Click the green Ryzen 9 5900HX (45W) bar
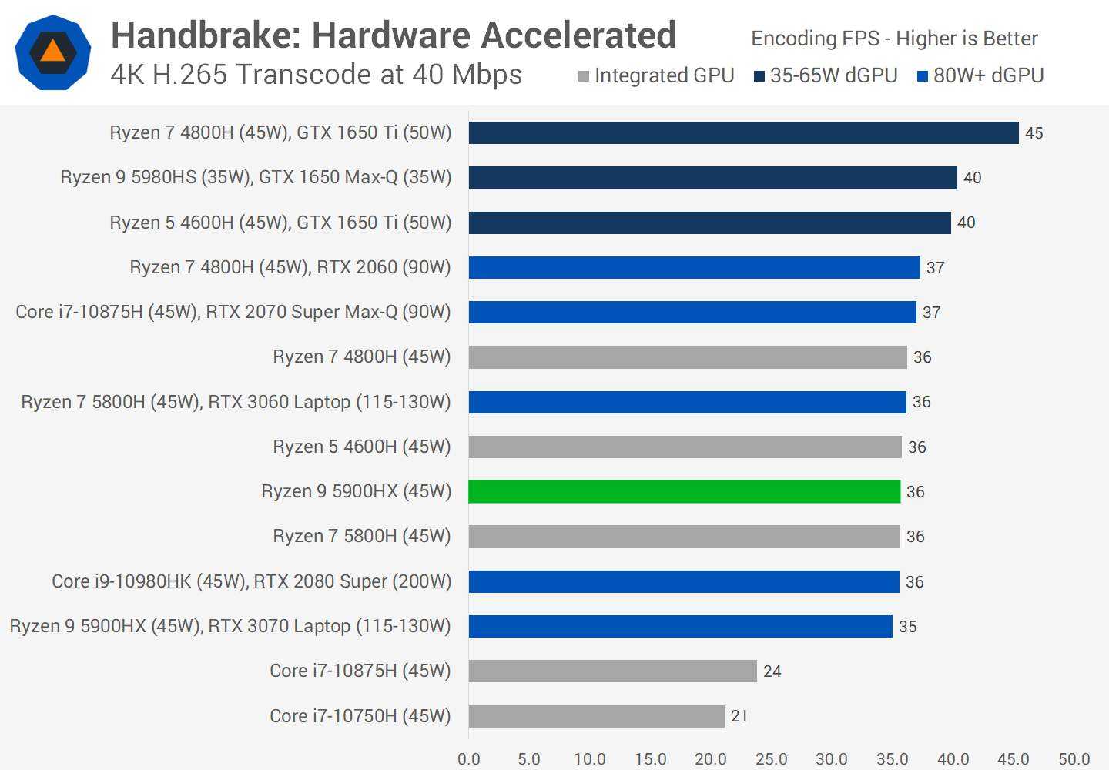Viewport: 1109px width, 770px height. [x=684, y=491]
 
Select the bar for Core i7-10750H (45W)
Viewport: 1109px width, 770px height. [x=596, y=716]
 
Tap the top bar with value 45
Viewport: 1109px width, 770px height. [x=743, y=132]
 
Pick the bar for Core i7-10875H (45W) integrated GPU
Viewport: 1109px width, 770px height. [x=612, y=671]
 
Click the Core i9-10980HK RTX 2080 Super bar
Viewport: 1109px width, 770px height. [x=684, y=581]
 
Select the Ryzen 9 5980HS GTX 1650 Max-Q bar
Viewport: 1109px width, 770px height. [x=712, y=178]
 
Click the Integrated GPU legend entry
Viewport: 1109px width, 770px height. [x=656, y=75]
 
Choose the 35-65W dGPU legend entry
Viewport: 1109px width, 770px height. [x=826, y=75]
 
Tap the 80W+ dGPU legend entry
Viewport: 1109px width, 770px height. [x=980, y=75]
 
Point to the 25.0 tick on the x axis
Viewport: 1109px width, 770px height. [x=771, y=759]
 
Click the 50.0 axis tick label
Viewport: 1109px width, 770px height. [x=1074, y=759]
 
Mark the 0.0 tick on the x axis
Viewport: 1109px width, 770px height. [x=468, y=759]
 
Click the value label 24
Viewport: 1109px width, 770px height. [x=772, y=671]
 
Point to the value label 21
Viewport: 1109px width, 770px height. [x=739, y=716]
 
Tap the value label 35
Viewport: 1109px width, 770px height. [x=908, y=627]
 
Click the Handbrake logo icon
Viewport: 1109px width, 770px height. [x=52, y=52]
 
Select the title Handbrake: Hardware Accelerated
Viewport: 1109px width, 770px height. [x=394, y=35]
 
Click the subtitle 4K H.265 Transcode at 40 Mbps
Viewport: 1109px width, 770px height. [x=317, y=75]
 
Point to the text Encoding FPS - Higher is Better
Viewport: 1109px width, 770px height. [x=894, y=38]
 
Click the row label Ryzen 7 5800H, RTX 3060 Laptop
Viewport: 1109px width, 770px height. [x=236, y=402]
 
